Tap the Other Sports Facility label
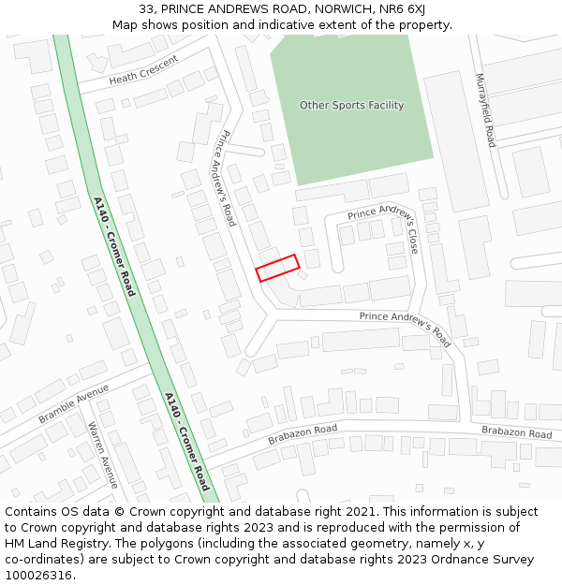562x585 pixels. (351, 105)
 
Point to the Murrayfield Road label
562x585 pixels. (484, 110)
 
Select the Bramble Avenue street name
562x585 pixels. (74, 403)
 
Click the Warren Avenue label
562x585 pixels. (102, 455)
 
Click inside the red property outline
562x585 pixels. (278, 268)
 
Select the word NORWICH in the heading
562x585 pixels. (340, 9)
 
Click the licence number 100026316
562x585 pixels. (38, 575)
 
